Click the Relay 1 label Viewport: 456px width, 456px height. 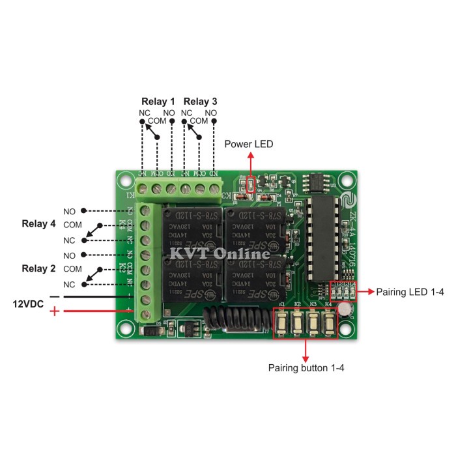point(158,102)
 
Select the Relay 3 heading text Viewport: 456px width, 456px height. point(201,102)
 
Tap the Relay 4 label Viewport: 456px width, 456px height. point(39,224)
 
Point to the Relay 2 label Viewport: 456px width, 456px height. point(39,268)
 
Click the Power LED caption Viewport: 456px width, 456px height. point(249,144)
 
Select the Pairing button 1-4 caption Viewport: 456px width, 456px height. point(306,368)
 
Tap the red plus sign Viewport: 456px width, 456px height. point(55,312)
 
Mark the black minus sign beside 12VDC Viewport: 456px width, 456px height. point(55,297)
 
